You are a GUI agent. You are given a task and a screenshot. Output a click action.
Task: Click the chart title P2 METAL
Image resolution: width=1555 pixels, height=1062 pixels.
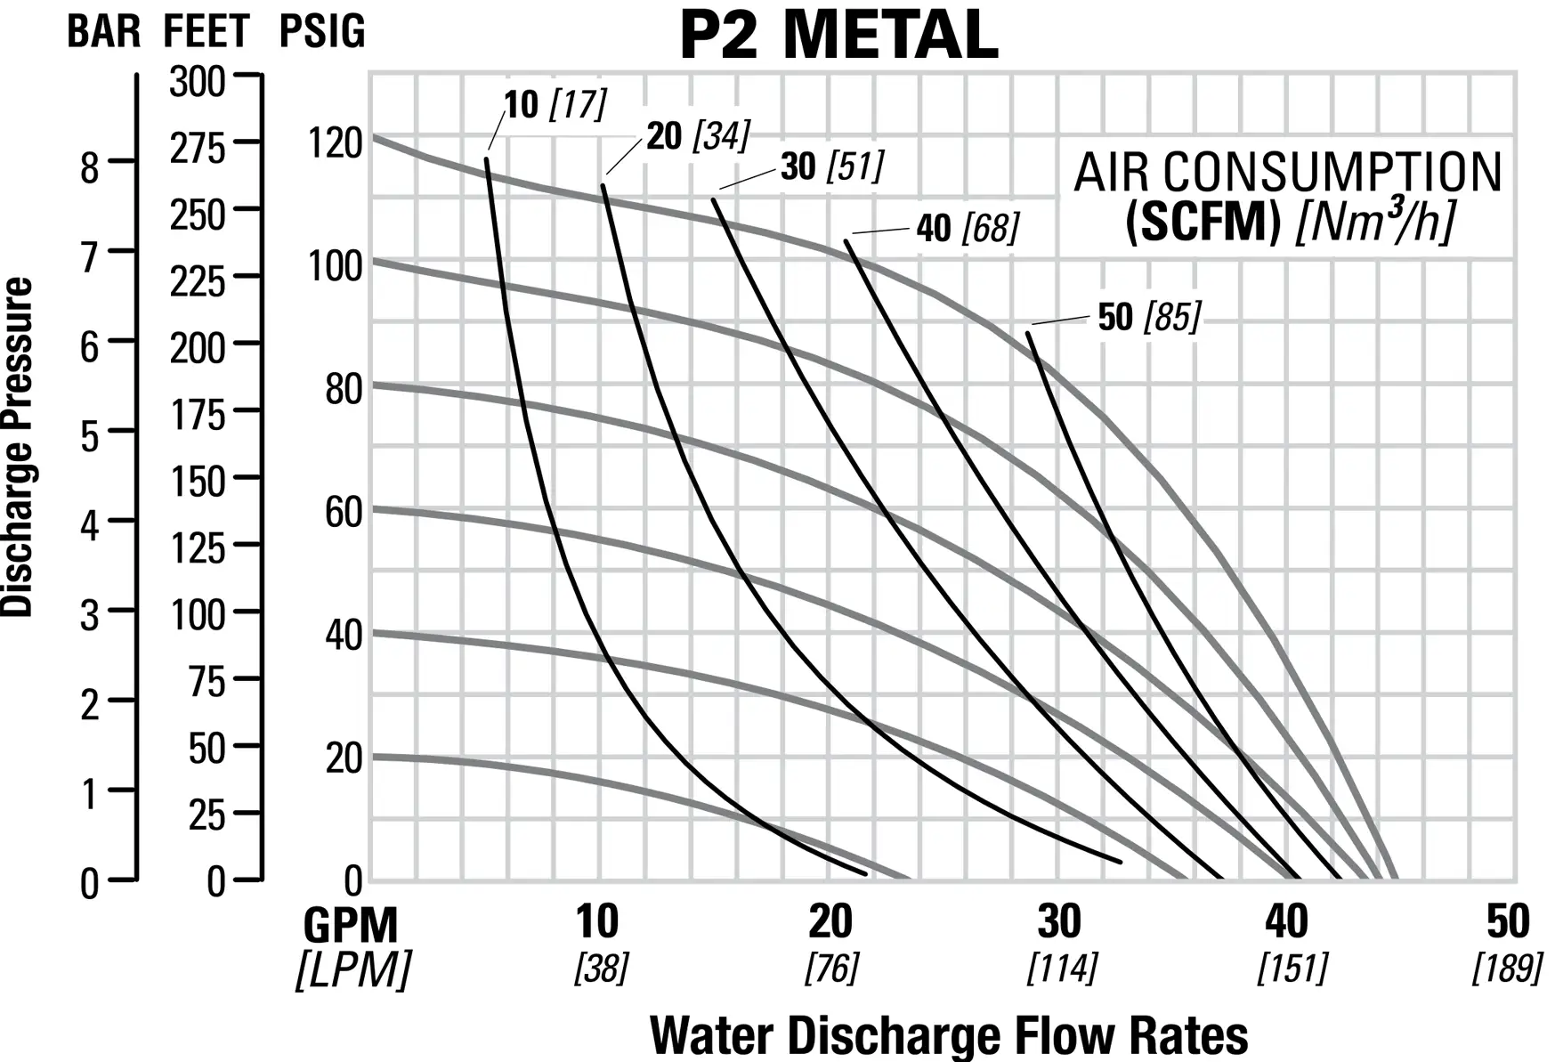[838, 36]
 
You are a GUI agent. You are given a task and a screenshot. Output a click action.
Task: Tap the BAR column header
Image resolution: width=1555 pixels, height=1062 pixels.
[103, 32]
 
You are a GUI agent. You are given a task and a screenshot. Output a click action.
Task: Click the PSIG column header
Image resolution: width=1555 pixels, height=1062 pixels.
[322, 32]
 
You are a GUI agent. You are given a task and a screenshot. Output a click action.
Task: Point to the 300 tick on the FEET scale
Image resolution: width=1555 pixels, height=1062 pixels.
[197, 82]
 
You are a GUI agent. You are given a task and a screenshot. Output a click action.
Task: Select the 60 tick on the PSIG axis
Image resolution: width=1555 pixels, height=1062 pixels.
[344, 512]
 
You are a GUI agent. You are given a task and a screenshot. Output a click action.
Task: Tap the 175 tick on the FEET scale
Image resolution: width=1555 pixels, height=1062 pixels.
[197, 415]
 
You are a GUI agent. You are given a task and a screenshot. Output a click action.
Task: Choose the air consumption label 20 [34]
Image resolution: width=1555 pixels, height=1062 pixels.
[698, 136]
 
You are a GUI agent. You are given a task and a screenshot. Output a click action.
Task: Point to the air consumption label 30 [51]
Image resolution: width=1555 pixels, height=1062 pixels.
[832, 166]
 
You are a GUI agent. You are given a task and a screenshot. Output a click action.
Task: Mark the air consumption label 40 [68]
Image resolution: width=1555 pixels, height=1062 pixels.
[968, 228]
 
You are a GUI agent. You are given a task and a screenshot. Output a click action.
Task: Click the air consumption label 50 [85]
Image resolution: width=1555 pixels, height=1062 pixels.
[1149, 317]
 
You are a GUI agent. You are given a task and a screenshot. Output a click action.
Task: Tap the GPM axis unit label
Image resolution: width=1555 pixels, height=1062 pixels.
[350, 926]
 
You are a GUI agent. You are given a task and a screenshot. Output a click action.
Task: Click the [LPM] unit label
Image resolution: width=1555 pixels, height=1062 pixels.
[353, 969]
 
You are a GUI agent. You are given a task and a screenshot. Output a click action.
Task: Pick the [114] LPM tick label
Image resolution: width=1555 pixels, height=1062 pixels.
[1062, 968]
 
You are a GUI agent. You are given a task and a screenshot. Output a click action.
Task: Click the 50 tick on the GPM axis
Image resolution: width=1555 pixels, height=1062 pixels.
[1507, 922]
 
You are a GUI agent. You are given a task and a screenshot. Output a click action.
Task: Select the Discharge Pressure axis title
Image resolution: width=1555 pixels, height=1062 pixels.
[18, 447]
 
